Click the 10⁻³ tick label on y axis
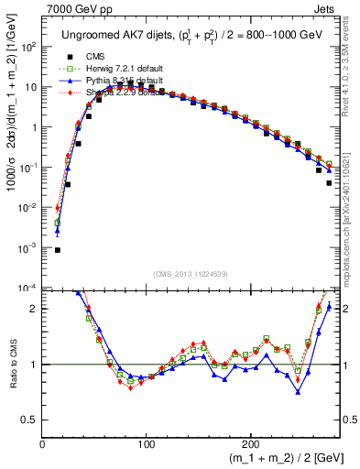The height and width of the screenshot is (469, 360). [x=27, y=248]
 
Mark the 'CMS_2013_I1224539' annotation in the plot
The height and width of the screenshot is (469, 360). [x=191, y=274]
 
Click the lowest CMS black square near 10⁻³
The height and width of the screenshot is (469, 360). [x=57, y=250]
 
